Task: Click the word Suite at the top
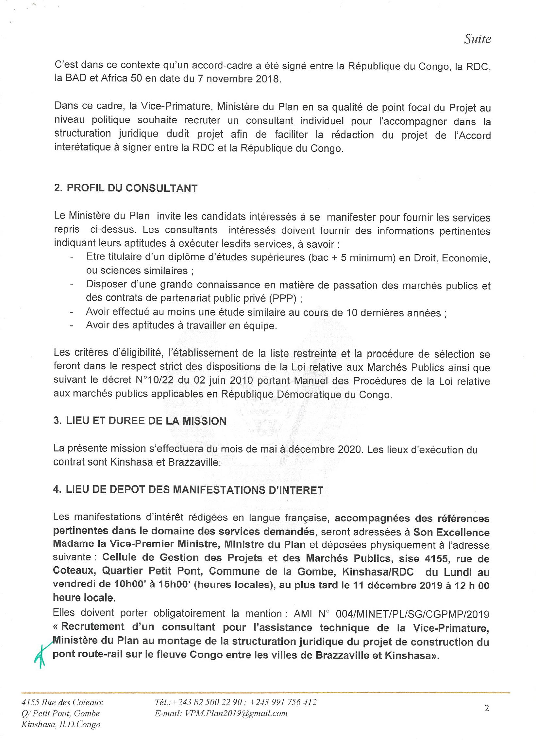(x=477, y=39)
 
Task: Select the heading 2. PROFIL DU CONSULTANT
(x=126, y=188)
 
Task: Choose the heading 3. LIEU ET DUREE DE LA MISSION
(x=140, y=421)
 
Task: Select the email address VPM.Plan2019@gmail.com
(x=221, y=714)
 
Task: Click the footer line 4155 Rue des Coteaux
(x=62, y=702)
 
